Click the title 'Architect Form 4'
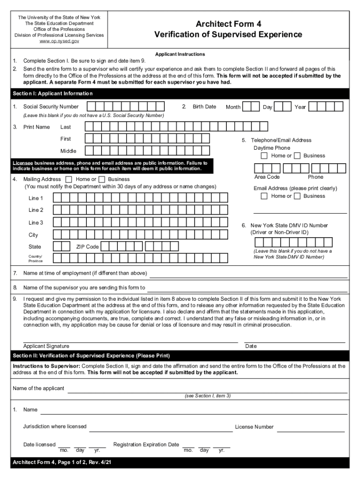[228, 24]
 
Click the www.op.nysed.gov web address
[59, 42]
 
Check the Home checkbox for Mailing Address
[69, 179]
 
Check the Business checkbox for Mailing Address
[101, 179]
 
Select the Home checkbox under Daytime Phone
[264, 155]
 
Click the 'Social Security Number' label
[51, 107]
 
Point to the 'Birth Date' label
[204, 107]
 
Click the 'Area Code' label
[267, 177]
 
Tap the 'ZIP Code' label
[87, 247]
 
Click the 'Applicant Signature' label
[46, 346]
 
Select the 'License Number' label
[254, 427]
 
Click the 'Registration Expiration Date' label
[146, 444]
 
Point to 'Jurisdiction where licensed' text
[55, 427]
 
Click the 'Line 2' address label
[36, 210]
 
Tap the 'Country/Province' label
[35, 259]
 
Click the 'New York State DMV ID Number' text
[289, 225]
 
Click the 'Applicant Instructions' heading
[180, 54]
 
